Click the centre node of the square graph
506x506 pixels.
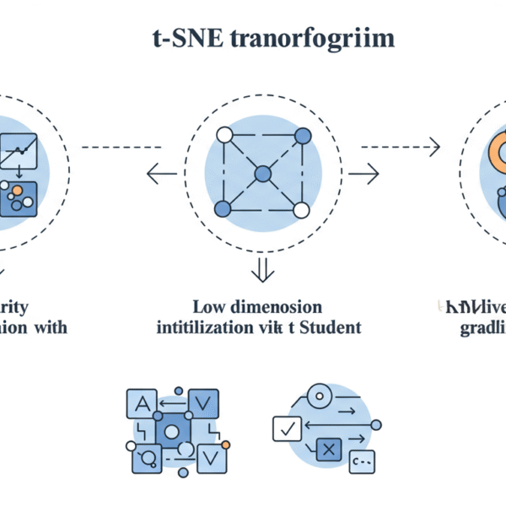[x=262, y=173]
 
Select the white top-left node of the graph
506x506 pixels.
[x=224, y=135]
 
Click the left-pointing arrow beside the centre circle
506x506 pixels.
[x=158, y=175]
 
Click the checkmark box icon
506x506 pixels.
[x=287, y=429]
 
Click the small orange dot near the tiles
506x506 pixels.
[x=225, y=444]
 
